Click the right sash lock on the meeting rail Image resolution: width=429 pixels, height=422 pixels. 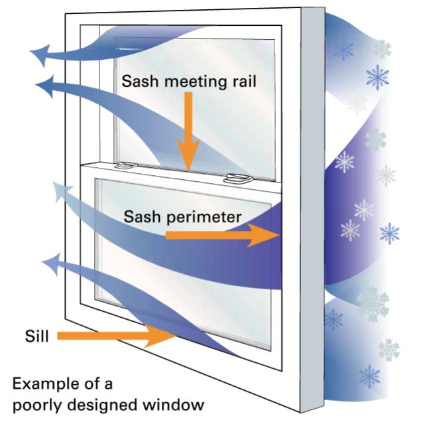[x=236, y=177]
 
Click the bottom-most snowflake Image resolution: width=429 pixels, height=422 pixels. [x=369, y=378]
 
